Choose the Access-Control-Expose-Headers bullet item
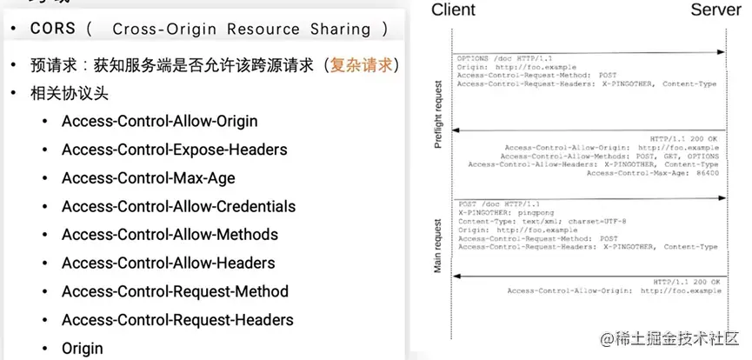click(174, 150)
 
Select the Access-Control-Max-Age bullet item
click(148, 178)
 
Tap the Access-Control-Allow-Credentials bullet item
click(178, 206)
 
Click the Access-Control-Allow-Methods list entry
click(170, 235)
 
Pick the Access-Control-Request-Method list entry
click(175, 291)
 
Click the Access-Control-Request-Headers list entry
click(177, 320)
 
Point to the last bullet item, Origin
click(82, 348)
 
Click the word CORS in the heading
click(53, 29)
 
